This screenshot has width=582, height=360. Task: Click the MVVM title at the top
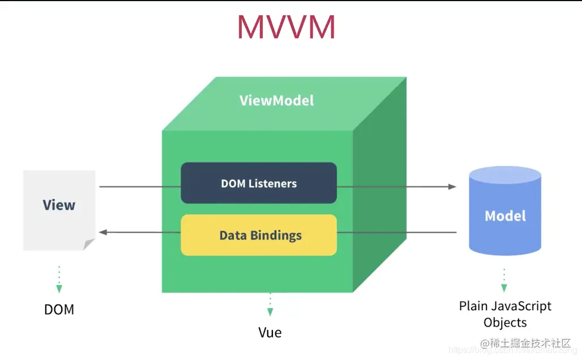(x=286, y=27)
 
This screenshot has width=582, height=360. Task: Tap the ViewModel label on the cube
(x=276, y=101)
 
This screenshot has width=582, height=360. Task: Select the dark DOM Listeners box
(x=259, y=183)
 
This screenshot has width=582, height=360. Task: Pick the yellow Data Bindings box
(x=259, y=235)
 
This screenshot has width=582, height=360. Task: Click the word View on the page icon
(x=59, y=205)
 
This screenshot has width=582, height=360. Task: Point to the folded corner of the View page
(x=89, y=244)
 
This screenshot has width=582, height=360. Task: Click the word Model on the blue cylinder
(x=505, y=216)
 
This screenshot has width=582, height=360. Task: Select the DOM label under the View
(x=59, y=310)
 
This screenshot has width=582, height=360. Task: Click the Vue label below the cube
(x=270, y=332)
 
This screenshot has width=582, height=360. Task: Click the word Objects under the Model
(x=505, y=323)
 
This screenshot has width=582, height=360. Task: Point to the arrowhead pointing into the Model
(x=452, y=186)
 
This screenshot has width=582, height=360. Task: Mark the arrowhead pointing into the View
(x=103, y=232)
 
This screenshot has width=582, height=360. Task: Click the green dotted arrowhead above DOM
(x=59, y=289)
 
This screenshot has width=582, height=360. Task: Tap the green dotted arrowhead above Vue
(x=270, y=312)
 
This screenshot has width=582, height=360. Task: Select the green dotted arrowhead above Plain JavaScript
(x=504, y=288)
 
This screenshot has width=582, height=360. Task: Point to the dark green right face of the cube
(x=379, y=187)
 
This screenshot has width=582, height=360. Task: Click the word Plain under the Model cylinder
(x=472, y=306)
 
